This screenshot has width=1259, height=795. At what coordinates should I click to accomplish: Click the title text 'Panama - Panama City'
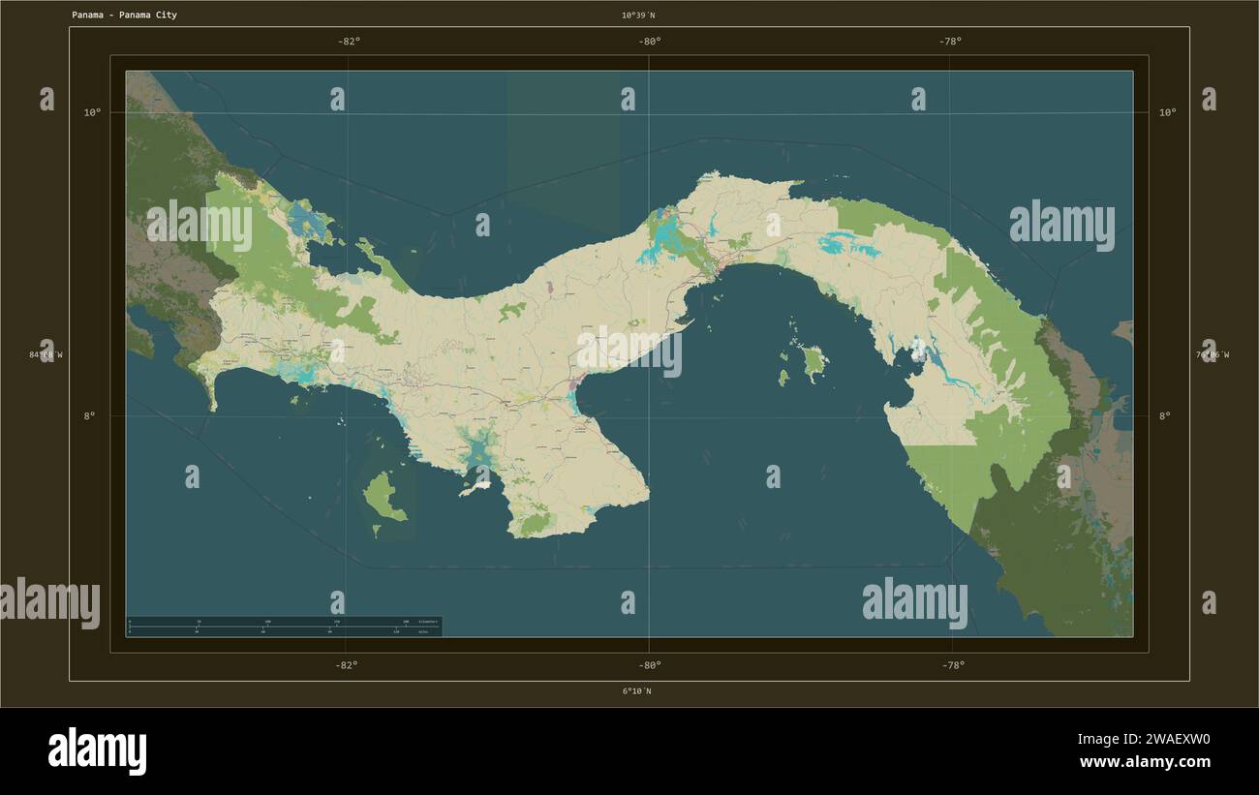pos(124,15)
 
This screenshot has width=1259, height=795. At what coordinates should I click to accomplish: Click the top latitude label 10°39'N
pos(638,15)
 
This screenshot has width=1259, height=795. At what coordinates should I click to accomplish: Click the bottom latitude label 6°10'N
pos(636,691)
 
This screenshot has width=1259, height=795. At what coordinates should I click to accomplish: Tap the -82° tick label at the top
pos(349,42)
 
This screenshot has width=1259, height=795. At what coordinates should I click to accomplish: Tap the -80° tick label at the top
pos(650,42)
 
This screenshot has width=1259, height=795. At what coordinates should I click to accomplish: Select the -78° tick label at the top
pos(950,42)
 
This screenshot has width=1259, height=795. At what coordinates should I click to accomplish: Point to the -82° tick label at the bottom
pos(347,665)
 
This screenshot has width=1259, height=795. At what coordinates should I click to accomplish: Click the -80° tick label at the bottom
pos(650,665)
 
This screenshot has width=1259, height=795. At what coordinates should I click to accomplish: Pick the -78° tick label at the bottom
pos(952,665)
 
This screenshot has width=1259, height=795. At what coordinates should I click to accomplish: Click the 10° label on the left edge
pos(92,112)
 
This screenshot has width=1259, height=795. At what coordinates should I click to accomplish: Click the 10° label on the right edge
pos(1168,112)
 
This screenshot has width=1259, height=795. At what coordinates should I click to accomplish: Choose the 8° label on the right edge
pos(1165,416)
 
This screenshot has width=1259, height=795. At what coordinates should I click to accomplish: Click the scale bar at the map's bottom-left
pos(284,627)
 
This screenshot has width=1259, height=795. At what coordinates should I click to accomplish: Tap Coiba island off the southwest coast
pos(384,497)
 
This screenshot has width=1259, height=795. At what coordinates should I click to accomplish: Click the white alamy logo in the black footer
pos(97,751)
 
